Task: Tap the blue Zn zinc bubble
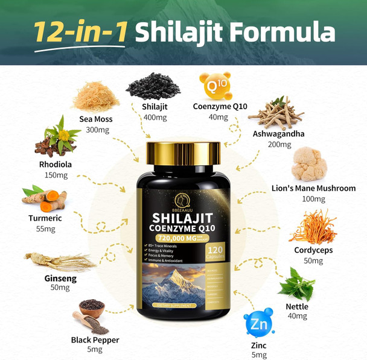(x=259, y=323)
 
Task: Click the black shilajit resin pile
(x=152, y=88)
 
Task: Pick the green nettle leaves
(x=297, y=284)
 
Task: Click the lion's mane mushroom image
(x=312, y=163)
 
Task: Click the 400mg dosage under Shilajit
(x=155, y=117)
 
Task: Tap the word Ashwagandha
(x=278, y=134)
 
